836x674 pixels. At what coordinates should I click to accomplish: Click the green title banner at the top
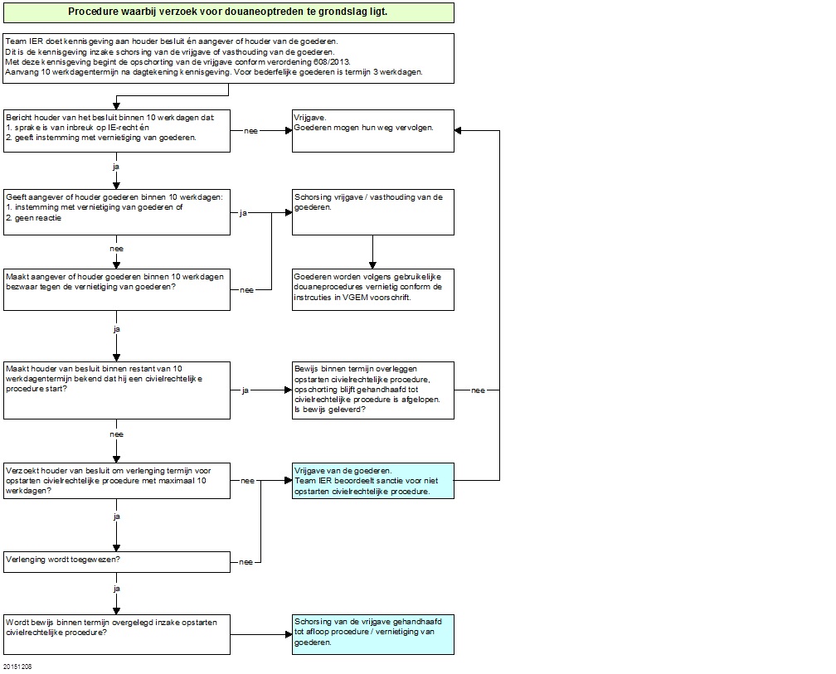pyautogui.click(x=229, y=12)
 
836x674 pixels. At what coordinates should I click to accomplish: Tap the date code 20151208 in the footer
pyautogui.click(x=17, y=667)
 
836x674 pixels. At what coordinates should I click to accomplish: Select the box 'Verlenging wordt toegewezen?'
pyautogui.click(x=117, y=562)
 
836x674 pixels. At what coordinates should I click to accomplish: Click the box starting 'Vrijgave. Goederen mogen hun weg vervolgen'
pyautogui.click(x=373, y=131)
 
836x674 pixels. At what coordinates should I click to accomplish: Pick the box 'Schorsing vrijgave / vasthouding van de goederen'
pyautogui.click(x=373, y=212)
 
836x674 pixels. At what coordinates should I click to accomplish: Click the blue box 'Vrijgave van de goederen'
pyautogui.click(x=373, y=481)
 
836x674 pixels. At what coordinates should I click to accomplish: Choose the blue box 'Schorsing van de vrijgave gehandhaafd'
pyautogui.click(x=373, y=634)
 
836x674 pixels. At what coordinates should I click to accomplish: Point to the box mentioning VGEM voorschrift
pyautogui.click(x=373, y=290)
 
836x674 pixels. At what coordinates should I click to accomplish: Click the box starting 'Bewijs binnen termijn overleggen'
pyautogui.click(x=373, y=390)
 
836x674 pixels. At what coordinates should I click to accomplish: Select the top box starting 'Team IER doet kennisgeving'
pyautogui.click(x=229, y=59)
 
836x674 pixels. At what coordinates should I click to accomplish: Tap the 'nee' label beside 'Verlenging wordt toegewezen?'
pyautogui.click(x=245, y=562)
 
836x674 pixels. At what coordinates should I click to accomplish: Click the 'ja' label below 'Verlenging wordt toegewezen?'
pyautogui.click(x=117, y=589)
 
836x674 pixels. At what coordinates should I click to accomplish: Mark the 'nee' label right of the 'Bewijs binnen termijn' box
pyautogui.click(x=479, y=390)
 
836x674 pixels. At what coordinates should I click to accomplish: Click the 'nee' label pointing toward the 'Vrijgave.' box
pyautogui.click(x=250, y=131)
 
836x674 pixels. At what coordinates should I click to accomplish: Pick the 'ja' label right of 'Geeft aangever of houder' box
pyautogui.click(x=243, y=213)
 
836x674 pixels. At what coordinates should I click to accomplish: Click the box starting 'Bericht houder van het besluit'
pyautogui.click(x=117, y=131)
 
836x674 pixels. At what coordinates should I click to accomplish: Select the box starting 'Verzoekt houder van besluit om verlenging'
pyautogui.click(x=117, y=481)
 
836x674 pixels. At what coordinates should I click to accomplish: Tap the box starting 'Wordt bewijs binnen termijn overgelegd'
pyautogui.click(x=117, y=634)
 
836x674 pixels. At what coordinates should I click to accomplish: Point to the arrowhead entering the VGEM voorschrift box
pyautogui.click(x=372, y=265)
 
